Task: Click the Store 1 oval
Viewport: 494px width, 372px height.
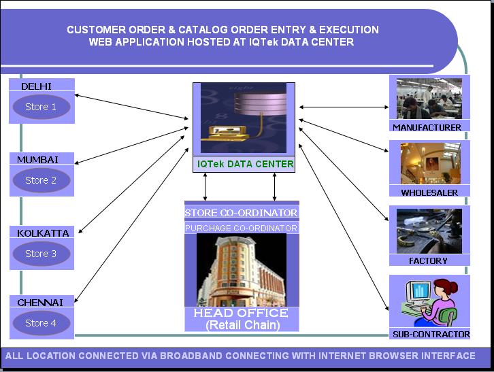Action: pyautogui.click(x=41, y=107)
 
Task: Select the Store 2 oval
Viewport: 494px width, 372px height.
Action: pyautogui.click(x=41, y=180)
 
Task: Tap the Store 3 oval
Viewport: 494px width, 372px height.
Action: pyautogui.click(x=41, y=254)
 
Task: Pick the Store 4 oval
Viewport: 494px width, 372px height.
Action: pyautogui.click(x=41, y=323)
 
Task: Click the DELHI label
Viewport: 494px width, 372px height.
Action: pyautogui.click(x=36, y=86)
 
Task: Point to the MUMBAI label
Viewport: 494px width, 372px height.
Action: pyautogui.click(x=37, y=160)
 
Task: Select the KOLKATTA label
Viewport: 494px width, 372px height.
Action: pyautogui.click(x=43, y=233)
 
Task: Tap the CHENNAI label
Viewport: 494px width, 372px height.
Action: pyautogui.click(x=40, y=302)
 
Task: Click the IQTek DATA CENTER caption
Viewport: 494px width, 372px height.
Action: pyautogui.click(x=245, y=164)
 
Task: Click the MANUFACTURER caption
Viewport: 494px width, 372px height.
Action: pyautogui.click(x=427, y=127)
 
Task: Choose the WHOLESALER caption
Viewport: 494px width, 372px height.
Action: pyautogui.click(x=429, y=192)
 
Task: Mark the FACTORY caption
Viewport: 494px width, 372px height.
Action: pyautogui.click(x=428, y=260)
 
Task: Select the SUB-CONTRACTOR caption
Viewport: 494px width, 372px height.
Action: pyautogui.click(x=431, y=334)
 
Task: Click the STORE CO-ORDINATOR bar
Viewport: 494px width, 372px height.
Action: pyautogui.click(x=241, y=213)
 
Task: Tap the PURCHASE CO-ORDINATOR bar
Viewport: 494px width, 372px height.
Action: pyautogui.click(x=241, y=229)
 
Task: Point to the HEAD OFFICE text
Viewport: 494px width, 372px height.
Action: pyautogui.click(x=241, y=313)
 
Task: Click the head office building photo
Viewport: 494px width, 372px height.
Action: pyautogui.click(x=241, y=270)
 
